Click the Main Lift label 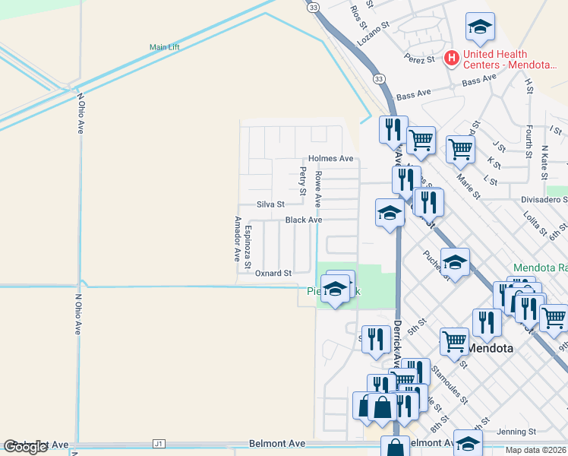pyautogui.click(x=165, y=47)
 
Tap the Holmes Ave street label pyautogui.click(x=330, y=159)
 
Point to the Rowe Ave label pyautogui.click(x=319, y=189)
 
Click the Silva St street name pyautogui.click(x=270, y=204)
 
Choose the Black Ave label pyautogui.click(x=304, y=220)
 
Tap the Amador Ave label pyautogui.click(x=237, y=239)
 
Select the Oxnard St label pyautogui.click(x=273, y=273)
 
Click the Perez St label pyautogui.click(x=419, y=59)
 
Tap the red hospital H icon pyautogui.click(x=452, y=58)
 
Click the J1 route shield pyautogui.click(x=158, y=443)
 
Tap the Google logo pyautogui.click(x=26, y=447)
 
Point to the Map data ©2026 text pyautogui.click(x=535, y=450)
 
